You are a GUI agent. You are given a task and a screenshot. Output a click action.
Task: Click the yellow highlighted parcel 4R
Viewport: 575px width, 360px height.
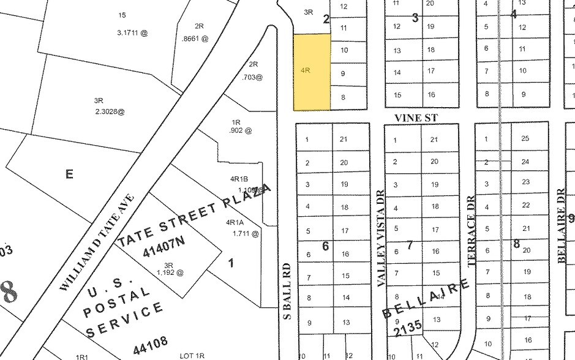[312, 72]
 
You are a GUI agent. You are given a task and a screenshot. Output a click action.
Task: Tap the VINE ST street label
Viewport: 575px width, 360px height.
[417, 118]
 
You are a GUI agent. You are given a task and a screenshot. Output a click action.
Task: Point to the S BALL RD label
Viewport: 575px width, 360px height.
[286, 291]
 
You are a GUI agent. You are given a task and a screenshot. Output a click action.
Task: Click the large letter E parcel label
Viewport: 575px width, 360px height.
[69, 174]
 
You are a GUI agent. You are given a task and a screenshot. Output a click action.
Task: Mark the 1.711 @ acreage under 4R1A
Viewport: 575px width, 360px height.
[242, 233]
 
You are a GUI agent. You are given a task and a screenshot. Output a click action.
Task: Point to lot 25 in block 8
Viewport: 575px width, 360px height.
[525, 139]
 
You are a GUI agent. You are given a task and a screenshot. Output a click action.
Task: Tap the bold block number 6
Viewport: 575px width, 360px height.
[326, 246]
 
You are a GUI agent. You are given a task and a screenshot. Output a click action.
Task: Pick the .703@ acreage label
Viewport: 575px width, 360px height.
[252, 77]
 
